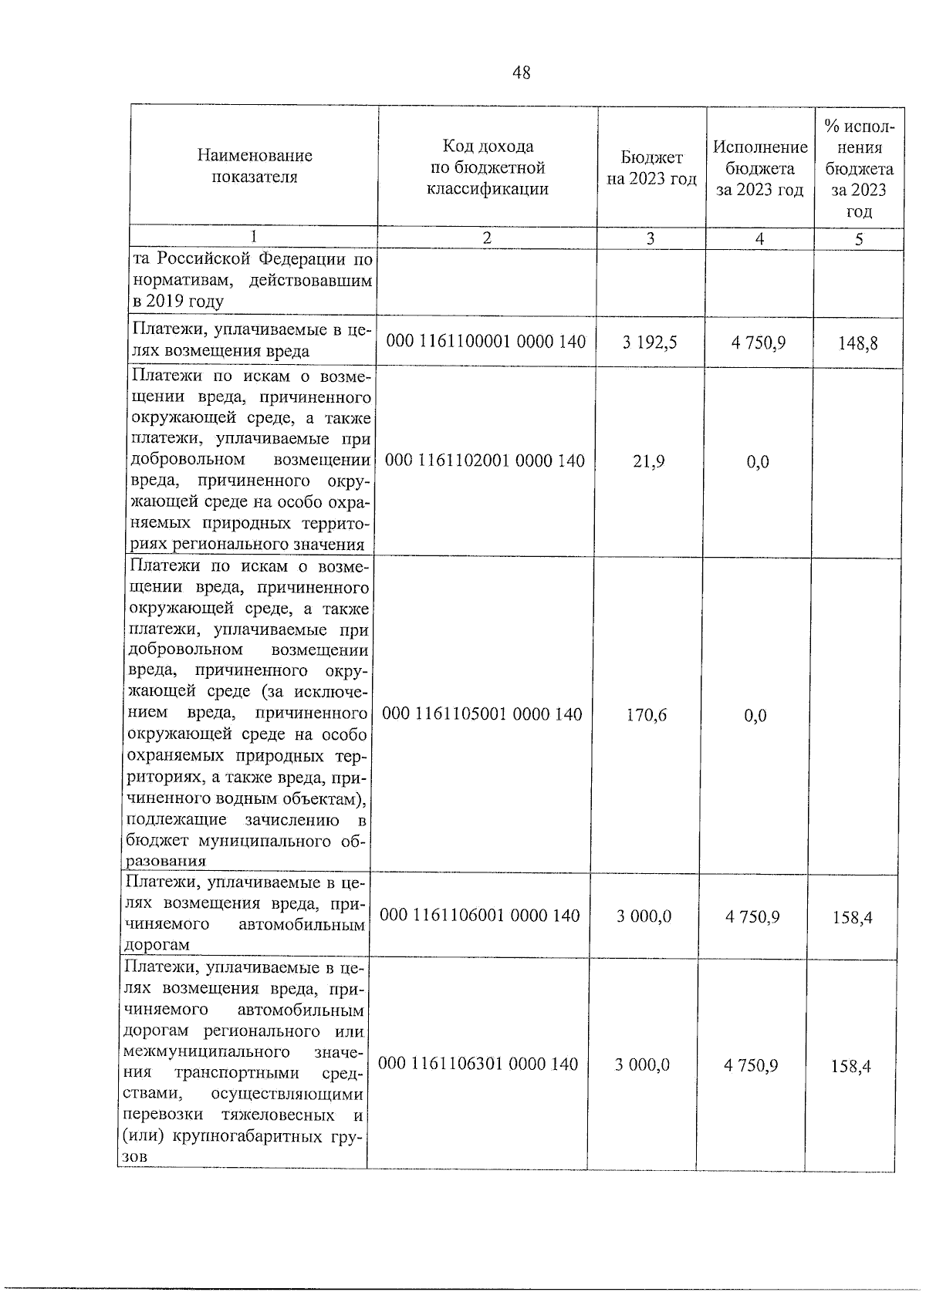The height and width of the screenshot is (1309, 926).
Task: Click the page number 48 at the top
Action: point(521,73)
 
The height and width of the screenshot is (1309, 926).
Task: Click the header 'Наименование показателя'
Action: point(255,166)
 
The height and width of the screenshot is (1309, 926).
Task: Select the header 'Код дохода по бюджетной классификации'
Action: point(488,167)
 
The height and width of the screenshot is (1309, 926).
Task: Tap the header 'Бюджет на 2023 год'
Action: point(651,168)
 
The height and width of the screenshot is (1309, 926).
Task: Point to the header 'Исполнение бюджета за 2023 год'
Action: point(760,168)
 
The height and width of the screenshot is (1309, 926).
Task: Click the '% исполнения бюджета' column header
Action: point(859,168)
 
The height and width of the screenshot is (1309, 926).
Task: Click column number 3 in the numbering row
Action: point(651,238)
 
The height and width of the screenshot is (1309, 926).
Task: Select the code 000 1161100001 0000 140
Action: point(486,341)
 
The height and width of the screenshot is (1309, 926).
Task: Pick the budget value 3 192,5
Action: point(650,342)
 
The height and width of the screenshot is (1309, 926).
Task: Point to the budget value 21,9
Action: point(649,461)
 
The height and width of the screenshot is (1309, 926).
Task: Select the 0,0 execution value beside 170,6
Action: point(755,716)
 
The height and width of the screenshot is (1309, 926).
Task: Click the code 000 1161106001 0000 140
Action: point(481,916)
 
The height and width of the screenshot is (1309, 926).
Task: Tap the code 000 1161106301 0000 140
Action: point(479,1064)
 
